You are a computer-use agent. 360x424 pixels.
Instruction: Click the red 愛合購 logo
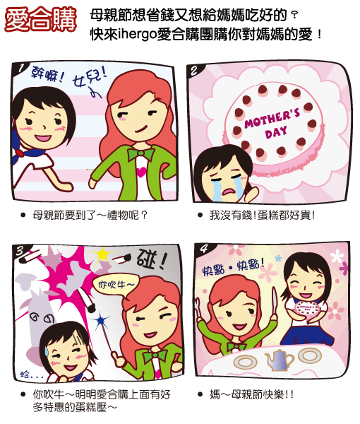(x=40, y=19)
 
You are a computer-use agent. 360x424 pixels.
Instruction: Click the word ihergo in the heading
(x=137, y=35)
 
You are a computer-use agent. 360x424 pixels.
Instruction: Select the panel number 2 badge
(x=195, y=71)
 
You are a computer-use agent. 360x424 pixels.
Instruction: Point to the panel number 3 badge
(x=20, y=251)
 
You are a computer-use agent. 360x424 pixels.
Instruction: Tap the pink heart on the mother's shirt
(x=141, y=172)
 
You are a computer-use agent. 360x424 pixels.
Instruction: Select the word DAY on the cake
(x=276, y=133)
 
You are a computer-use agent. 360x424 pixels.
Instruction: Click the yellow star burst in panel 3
(x=102, y=254)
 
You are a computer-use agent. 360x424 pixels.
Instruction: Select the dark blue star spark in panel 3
(x=101, y=319)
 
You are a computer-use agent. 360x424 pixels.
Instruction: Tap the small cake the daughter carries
(x=308, y=309)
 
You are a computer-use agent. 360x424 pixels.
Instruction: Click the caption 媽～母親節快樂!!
(x=251, y=394)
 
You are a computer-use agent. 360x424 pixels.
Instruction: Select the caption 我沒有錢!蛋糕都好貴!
(x=262, y=216)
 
